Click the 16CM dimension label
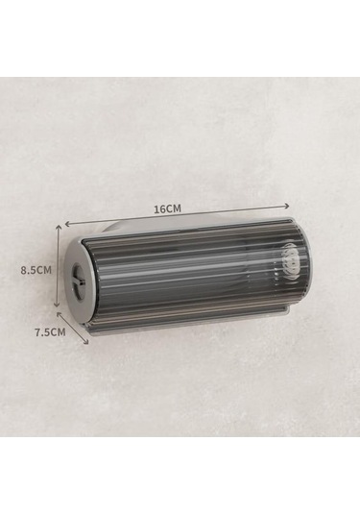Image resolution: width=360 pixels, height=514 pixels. point(167,208)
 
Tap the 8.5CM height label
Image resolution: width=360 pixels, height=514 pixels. point(36,270)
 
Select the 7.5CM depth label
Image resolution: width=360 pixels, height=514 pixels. point(51,332)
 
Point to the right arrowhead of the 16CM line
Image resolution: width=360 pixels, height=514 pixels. point(287,206)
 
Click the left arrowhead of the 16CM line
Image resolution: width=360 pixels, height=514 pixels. point(68,224)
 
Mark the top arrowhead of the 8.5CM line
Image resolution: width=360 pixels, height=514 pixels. point(59,228)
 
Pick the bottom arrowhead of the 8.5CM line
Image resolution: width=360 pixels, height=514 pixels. point(57,304)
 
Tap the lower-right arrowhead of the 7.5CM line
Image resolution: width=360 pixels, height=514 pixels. point(85,341)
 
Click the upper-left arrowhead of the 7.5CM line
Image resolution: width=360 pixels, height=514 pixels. point(60,315)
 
